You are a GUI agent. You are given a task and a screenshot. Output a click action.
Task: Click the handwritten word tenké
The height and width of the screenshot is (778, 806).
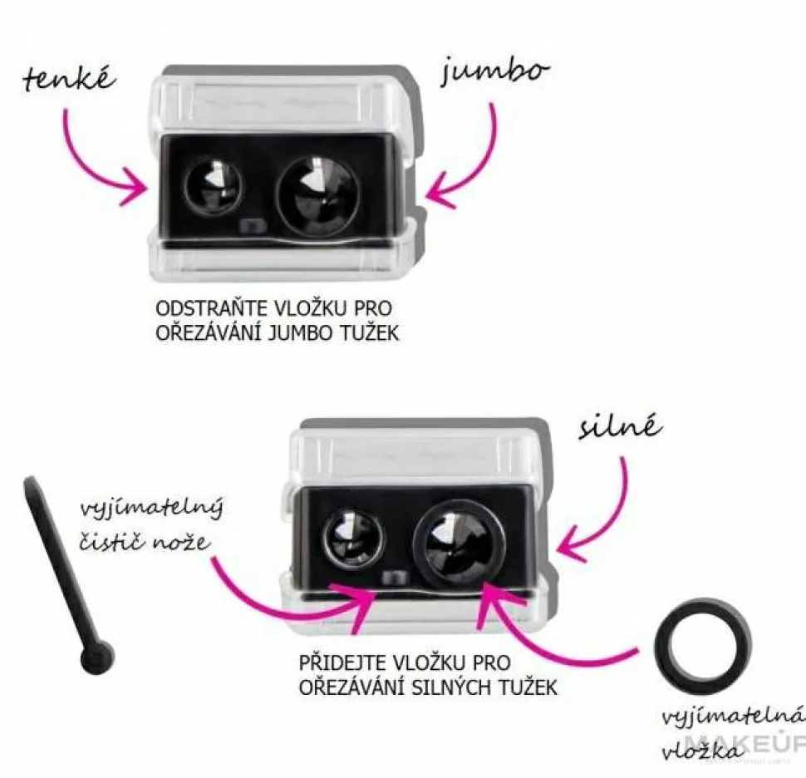point(70,79)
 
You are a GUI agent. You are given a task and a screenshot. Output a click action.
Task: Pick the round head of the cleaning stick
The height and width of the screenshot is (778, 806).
point(97,657)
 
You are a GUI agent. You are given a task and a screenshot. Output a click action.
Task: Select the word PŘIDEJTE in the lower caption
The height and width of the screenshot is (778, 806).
point(342,662)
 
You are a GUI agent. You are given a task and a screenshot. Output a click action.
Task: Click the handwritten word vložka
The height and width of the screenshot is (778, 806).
point(702,751)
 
